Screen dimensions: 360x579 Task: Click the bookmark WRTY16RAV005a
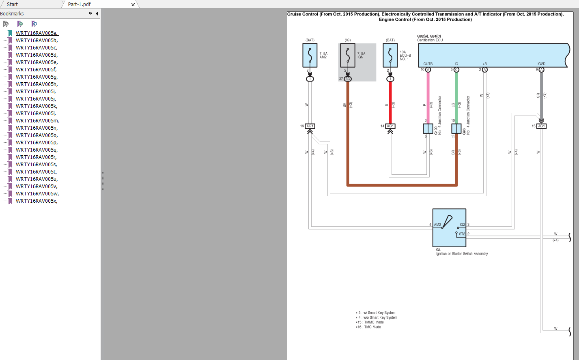pyautogui.click(x=37, y=33)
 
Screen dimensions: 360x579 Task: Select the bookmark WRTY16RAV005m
pyautogui.click(x=37, y=121)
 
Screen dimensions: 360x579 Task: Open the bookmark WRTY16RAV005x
pyautogui.click(x=36, y=201)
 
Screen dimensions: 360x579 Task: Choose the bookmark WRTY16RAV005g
pyautogui.click(x=37, y=77)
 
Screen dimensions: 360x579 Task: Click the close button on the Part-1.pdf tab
pyautogui.click(x=133, y=4)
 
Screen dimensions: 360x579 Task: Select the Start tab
pyautogui.click(x=12, y=4)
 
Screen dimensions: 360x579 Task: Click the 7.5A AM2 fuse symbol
pyautogui.click(x=310, y=55)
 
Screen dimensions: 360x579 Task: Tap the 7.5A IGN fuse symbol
pyautogui.click(x=348, y=55)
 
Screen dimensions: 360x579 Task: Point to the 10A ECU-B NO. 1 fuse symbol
pyautogui.click(x=390, y=55)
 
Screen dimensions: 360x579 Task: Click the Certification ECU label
pyautogui.click(x=430, y=40)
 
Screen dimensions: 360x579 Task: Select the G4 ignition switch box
pyautogui.click(x=449, y=228)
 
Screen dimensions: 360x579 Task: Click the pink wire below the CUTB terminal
pyautogui.click(x=428, y=97)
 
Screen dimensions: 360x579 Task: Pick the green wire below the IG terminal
pyautogui.click(x=456, y=97)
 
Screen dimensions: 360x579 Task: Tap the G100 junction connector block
pyautogui.click(x=428, y=129)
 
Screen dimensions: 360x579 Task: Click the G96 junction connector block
pyautogui.click(x=456, y=129)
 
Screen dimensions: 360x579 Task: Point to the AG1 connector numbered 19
pyautogui.click(x=310, y=126)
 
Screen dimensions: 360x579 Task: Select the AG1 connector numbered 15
pyautogui.click(x=541, y=126)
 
